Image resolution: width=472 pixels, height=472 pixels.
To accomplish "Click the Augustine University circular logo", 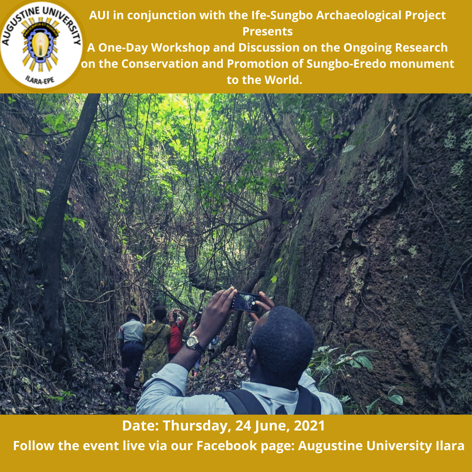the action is click(41, 45).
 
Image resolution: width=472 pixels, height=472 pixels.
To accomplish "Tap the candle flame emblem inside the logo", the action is click(40, 45).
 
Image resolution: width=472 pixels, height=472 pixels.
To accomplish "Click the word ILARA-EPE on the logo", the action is click(40, 80).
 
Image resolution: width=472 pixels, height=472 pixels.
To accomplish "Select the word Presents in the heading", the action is click(267, 31).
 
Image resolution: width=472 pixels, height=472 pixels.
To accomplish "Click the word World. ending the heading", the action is click(283, 80).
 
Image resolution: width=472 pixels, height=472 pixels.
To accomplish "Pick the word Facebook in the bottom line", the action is click(227, 445).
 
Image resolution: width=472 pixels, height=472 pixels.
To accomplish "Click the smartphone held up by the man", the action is click(245, 302).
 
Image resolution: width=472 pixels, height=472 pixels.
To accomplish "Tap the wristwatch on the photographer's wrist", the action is click(194, 343).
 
